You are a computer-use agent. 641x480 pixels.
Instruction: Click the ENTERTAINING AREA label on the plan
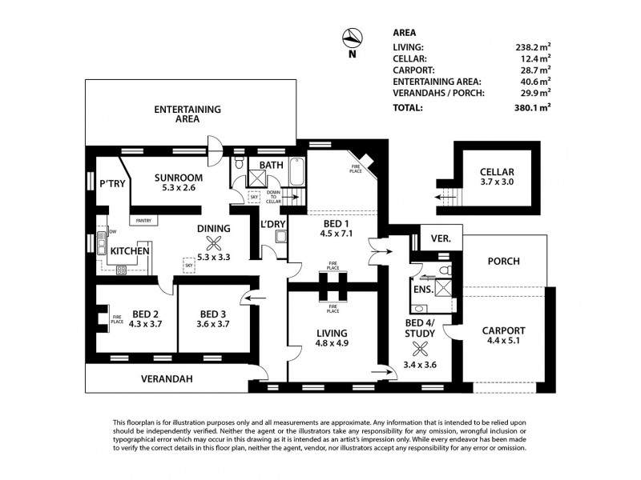coord(188,114)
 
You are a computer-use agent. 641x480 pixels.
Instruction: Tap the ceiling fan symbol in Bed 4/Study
coord(417,348)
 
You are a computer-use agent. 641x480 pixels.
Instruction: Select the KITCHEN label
coord(128,251)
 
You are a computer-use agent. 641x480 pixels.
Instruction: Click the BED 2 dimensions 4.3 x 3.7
coord(139,325)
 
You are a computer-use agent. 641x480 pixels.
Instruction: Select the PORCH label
coord(503,262)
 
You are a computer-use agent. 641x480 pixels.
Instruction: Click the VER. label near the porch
coord(441,238)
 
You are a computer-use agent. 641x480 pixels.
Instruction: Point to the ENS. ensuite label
coord(422,288)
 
